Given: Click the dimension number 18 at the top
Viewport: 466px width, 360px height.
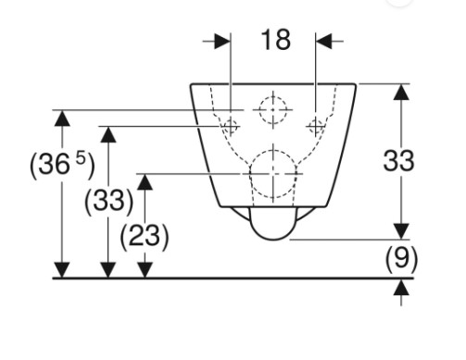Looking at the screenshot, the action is pyautogui.click(x=276, y=40).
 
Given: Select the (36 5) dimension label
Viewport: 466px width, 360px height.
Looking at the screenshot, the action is pyautogui.click(x=62, y=166).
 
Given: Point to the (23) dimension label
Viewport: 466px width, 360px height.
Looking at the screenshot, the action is pyautogui.click(x=145, y=237).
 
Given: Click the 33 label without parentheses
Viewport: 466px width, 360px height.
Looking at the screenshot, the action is pyautogui.click(x=398, y=161).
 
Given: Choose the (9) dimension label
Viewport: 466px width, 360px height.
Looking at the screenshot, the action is pyautogui.click(x=401, y=259).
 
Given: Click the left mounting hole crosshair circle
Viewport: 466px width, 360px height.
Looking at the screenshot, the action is pyautogui.click(x=231, y=126).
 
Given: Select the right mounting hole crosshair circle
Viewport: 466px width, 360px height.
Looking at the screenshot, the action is pyautogui.click(x=316, y=126).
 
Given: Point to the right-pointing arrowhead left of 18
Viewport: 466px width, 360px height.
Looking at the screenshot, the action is pyautogui.click(x=222, y=41).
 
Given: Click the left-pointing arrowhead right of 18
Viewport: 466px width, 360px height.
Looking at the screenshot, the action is pyautogui.click(x=323, y=41).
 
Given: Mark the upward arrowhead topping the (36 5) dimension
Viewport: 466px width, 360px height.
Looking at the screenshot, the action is pyautogui.click(x=62, y=118).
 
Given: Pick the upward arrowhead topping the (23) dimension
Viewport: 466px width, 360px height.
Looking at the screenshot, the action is pyautogui.click(x=145, y=181).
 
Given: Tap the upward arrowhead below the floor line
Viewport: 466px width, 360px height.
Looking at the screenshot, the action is pyautogui.click(x=401, y=287).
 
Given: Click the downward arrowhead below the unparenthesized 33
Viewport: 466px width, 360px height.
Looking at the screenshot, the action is pyautogui.click(x=401, y=231).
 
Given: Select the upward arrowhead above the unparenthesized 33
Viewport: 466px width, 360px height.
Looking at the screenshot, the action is pyautogui.click(x=401, y=92).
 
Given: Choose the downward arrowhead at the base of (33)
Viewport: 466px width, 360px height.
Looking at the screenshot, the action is pyautogui.click(x=108, y=270).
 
